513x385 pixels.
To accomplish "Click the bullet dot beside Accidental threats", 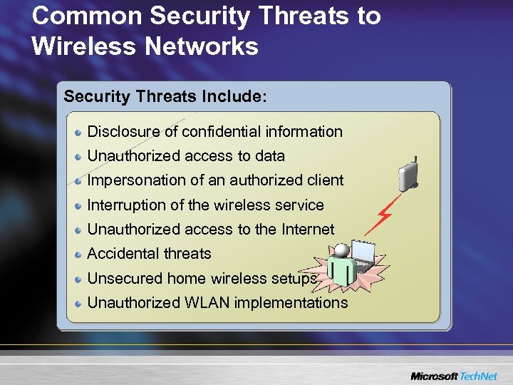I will (x=79, y=254).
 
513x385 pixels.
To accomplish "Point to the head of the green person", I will (x=343, y=251).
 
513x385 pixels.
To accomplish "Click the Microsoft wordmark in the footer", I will (x=434, y=376).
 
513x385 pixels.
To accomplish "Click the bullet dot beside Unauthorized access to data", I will (x=79, y=156).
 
